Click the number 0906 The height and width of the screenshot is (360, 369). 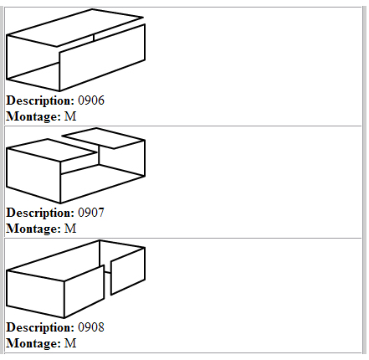coord(91,100)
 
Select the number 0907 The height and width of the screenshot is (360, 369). coord(91,213)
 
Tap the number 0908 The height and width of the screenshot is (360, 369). coord(91,327)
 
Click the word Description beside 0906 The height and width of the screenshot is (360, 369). coord(40,101)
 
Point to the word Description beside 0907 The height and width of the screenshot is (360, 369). coord(40,213)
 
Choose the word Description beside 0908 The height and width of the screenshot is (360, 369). coord(40,327)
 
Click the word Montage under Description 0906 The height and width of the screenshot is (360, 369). coord(33,117)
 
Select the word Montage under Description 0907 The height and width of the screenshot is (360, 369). coord(33,229)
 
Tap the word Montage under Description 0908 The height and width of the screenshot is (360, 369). coord(33,343)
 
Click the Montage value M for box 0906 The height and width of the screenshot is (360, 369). coord(70,116)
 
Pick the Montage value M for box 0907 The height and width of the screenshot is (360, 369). coord(70,229)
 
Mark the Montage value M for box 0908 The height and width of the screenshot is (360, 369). coord(70,342)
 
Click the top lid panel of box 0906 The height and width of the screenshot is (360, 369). coord(74,28)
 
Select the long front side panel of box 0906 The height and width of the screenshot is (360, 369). coord(102,58)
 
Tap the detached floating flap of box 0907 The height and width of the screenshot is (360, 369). coord(103,138)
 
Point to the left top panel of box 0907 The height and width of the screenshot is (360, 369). coord(50,150)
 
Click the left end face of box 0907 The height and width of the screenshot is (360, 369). coord(33,175)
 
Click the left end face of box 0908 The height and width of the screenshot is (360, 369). coord(35,294)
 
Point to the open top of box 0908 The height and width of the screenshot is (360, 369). coord(75,260)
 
